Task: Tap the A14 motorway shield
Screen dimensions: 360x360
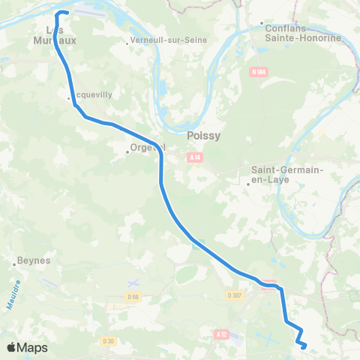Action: pyautogui.click(x=195, y=157)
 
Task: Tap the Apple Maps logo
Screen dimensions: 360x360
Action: pyautogui.click(x=28, y=347)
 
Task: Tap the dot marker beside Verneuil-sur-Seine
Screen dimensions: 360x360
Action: pyautogui.click(x=127, y=43)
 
